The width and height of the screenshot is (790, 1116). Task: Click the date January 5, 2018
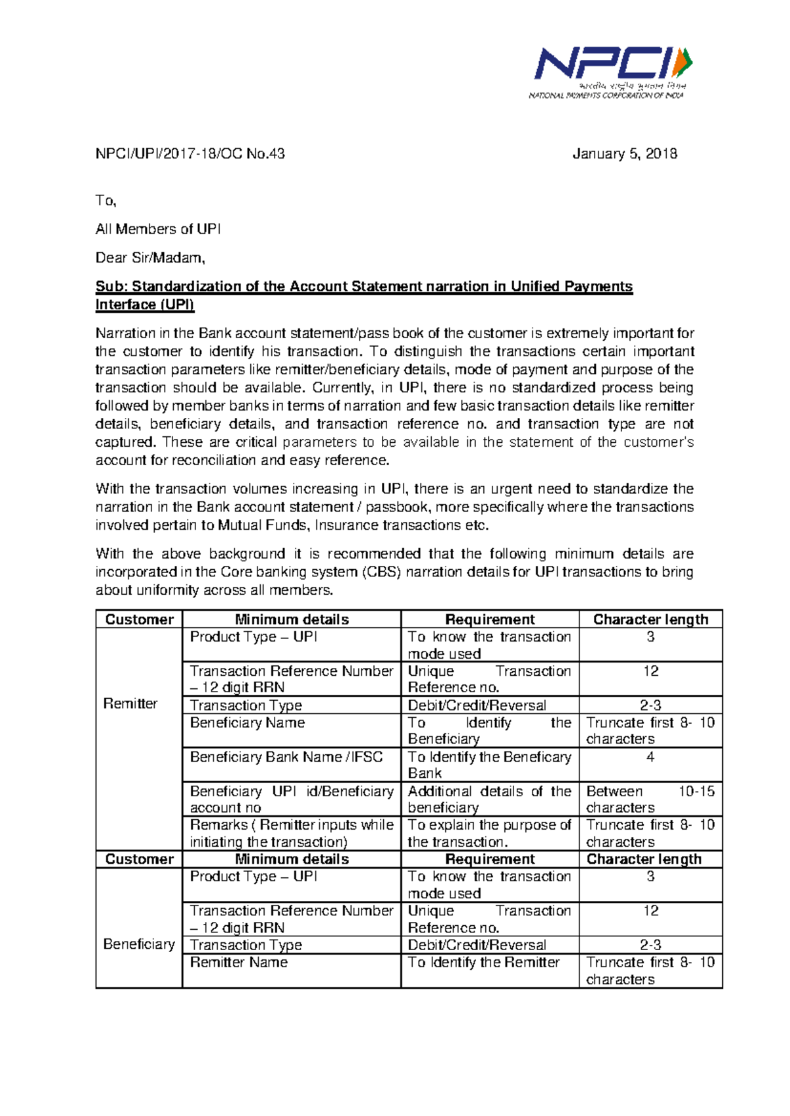624,154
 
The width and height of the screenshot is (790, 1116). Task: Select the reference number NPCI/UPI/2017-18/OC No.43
190,154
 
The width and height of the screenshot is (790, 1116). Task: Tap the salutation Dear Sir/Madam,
150,258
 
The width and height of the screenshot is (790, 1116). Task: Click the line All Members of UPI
158,229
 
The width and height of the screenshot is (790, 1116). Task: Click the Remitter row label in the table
130,704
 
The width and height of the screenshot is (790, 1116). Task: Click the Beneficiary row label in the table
138,944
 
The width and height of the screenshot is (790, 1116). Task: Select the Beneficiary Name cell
248,723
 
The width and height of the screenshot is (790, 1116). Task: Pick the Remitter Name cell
238,962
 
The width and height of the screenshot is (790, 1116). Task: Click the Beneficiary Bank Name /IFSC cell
286,757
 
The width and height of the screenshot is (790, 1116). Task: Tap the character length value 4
650,757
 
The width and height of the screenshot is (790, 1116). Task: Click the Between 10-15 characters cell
650,799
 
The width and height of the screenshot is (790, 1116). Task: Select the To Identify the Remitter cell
483,962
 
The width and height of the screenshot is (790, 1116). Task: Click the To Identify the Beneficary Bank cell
489,765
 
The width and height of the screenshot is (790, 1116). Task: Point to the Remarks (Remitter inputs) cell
292,833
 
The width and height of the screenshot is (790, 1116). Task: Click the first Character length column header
650,619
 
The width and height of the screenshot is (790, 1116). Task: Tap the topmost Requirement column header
490,619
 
